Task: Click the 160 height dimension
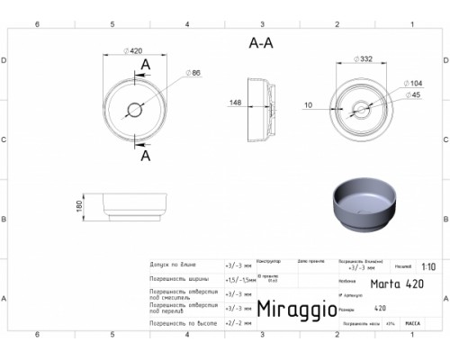pyautogui.click(x=80, y=206)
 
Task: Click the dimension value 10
pyautogui.click(x=309, y=105)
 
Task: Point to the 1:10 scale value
pyautogui.click(x=429, y=267)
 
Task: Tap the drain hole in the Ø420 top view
pyautogui.click(x=135, y=111)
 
